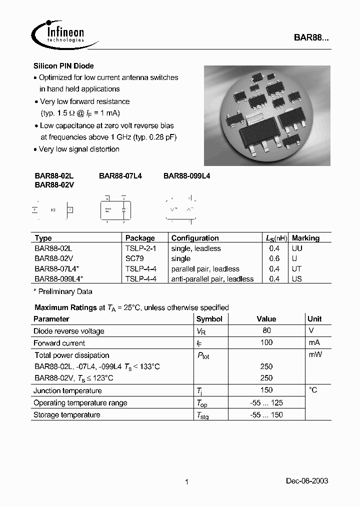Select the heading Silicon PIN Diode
(x=63, y=66)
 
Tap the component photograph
(x=267, y=115)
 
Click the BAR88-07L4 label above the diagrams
(x=120, y=175)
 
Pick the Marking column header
(x=305, y=238)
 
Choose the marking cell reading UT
(x=297, y=269)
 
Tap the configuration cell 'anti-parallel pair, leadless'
(x=212, y=279)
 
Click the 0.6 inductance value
(x=274, y=258)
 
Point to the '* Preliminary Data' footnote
(x=63, y=291)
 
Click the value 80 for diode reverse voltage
(x=266, y=330)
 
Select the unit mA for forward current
(x=314, y=342)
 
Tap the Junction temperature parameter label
(x=67, y=390)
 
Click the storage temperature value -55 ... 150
(x=266, y=414)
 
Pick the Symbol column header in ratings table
(x=209, y=319)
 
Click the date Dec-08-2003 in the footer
(x=307, y=480)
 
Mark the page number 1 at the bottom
(x=186, y=482)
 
